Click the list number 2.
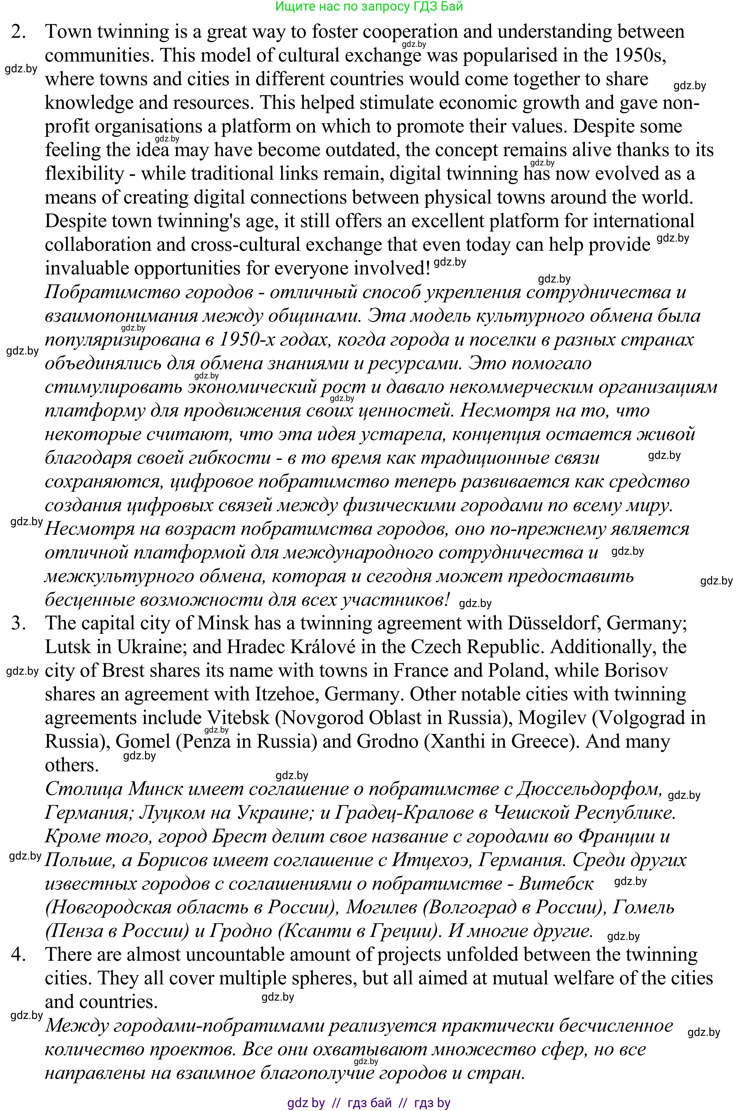click(x=18, y=32)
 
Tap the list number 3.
click(x=18, y=623)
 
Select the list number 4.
click(x=18, y=954)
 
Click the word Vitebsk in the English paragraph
click(x=238, y=718)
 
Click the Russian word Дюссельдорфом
click(x=589, y=789)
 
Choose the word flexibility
click(x=84, y=174)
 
